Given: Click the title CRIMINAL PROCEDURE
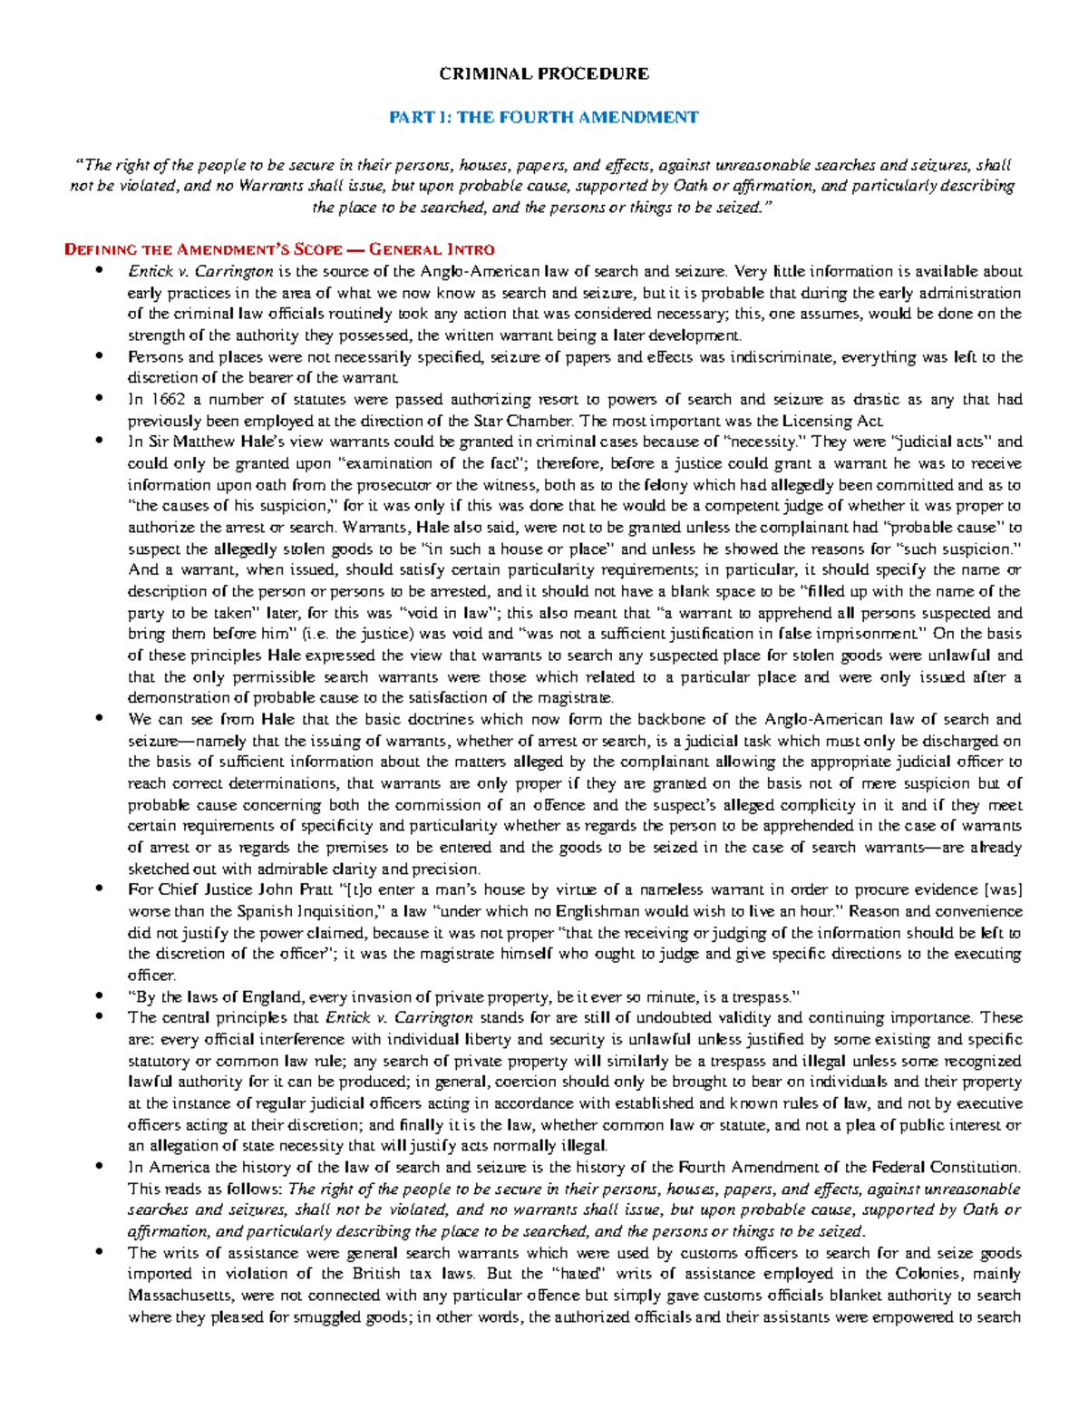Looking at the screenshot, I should pos(544,73).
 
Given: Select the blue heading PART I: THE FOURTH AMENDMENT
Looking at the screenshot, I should pos(544,117).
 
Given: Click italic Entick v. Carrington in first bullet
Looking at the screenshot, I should pos(200,271).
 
